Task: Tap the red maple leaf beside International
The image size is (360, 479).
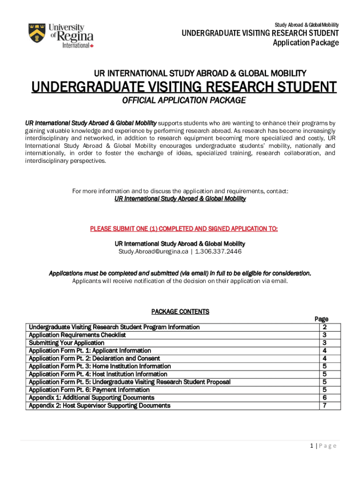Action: pos(92,46)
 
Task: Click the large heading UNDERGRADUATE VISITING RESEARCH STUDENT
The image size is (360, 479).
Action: pos(184,87)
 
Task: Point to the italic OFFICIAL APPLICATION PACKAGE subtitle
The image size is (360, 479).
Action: pos(184,101)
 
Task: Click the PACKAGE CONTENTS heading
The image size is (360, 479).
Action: pos(180,312)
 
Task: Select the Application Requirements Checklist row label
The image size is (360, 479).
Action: pos(77,335)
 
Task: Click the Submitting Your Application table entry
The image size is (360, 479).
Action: pos(66,343)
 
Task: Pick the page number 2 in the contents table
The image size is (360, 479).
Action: pos(324,327)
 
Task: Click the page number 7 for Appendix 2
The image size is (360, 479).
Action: pos(324,406)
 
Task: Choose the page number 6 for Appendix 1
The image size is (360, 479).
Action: pos(324,398)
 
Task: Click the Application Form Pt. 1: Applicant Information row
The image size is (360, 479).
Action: pos(90,350)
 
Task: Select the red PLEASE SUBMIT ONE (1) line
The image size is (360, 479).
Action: pos(184,229)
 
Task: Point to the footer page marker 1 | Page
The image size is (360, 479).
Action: pos(323,446)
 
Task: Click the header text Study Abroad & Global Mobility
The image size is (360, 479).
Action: pos(307,25)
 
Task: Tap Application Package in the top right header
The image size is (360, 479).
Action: pos(306,43)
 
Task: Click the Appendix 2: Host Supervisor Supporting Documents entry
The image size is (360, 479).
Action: pos(100,406)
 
